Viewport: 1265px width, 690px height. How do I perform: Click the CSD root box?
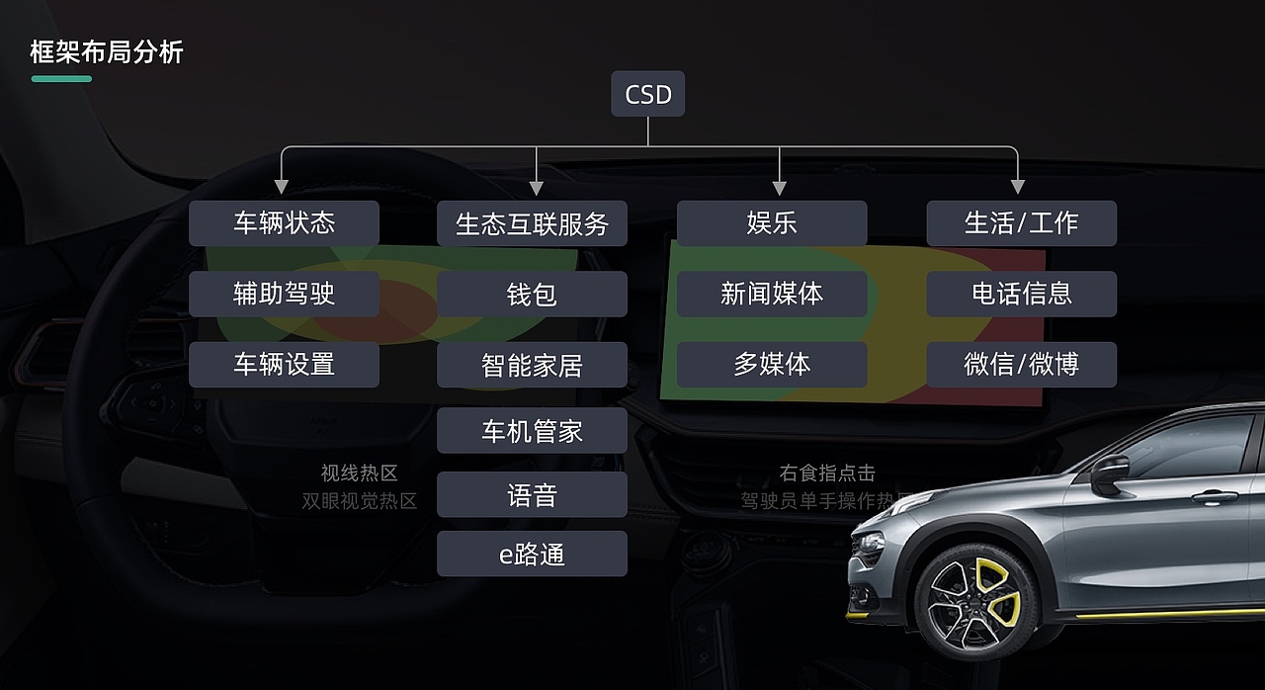pos(647,95)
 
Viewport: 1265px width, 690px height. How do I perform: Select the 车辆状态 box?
pos(284,223)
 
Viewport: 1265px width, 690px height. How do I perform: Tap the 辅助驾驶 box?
pos(284,295)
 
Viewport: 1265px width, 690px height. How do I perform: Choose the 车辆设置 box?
pos(284,365)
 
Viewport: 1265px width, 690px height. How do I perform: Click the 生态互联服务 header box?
pos(532,223)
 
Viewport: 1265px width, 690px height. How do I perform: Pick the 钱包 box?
pos(532,295)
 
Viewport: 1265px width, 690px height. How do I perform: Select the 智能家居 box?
pos(532,365)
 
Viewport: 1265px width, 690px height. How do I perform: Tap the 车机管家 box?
pos(532,431)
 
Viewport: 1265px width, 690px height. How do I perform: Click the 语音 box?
pos(532,494)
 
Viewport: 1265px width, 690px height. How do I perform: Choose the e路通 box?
pos(532,554)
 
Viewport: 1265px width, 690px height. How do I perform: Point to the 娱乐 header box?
pos(772,223)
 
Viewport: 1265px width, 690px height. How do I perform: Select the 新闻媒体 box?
pos(772,295)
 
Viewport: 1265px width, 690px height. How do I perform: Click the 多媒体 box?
pos(772,365)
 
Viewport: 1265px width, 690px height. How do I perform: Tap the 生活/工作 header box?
pos(1021,223)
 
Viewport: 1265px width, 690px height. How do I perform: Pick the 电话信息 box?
pos(1021,295)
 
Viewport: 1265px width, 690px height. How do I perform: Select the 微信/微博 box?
pos(1021,365)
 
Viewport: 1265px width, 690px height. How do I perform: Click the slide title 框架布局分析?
pos(107,52)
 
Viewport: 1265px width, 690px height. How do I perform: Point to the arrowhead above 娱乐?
pos(779,187)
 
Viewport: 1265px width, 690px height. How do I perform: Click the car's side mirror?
pos(1109,473)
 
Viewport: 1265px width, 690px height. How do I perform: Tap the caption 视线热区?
pos(359,474)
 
